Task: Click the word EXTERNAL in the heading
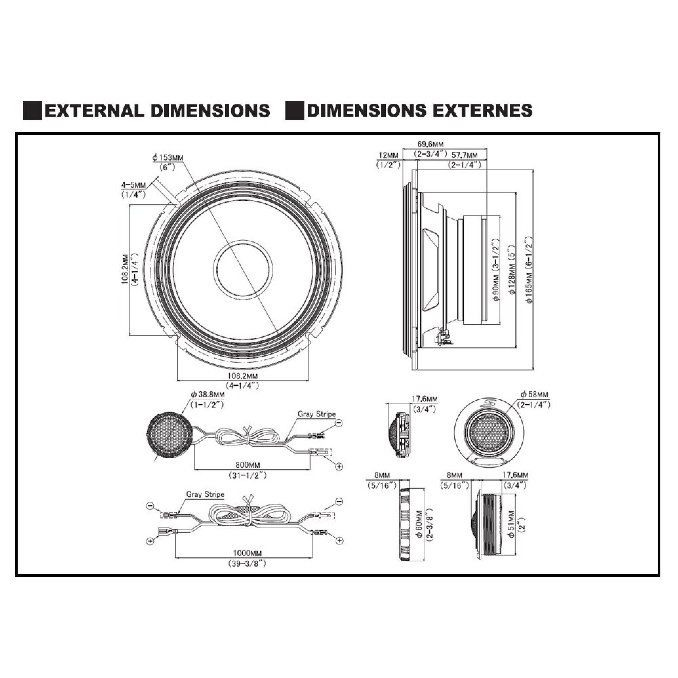tap(94, 111)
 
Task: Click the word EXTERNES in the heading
tap(482, 111)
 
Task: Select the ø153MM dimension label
tap(168, 158)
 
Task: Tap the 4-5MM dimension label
tap(133, 185)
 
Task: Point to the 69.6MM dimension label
tap(430, 144)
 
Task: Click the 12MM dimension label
tap(388, 155)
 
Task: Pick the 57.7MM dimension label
tap(464, 155)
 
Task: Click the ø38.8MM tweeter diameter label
tap(208, 395)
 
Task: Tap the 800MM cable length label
tap(248, 465)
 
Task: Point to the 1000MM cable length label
tap(247, 554)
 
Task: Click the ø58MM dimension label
tap(535, 394)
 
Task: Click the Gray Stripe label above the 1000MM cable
tap(205, 495)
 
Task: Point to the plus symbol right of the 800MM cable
tap(339, 466)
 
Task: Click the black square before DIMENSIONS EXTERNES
tap(295, 111)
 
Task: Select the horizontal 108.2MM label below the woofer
tap(242, 376)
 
